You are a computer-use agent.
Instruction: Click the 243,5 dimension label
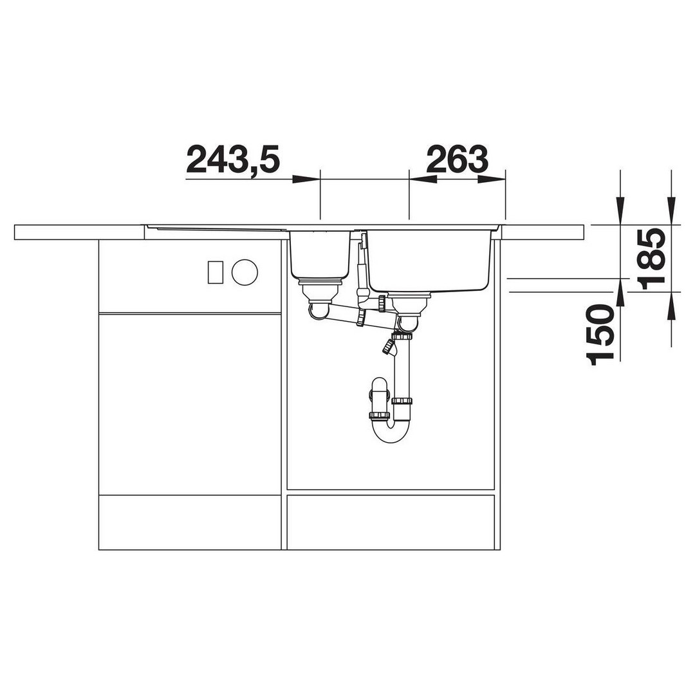(233, 160)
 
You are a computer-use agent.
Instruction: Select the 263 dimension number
(457, 159)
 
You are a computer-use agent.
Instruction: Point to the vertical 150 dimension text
(600, 335)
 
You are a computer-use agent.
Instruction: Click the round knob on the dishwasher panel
(245, 272)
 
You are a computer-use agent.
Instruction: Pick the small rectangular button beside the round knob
(216, 272)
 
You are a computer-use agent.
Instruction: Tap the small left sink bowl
(320, 254)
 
